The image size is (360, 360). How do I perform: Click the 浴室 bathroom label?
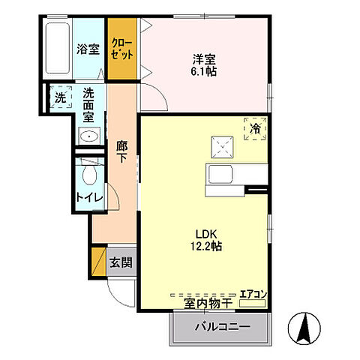88,49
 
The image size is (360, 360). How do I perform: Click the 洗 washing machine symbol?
59,97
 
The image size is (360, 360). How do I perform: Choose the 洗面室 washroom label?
89,105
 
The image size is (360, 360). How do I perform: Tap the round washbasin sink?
89,136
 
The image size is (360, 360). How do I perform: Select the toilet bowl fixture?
89,175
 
